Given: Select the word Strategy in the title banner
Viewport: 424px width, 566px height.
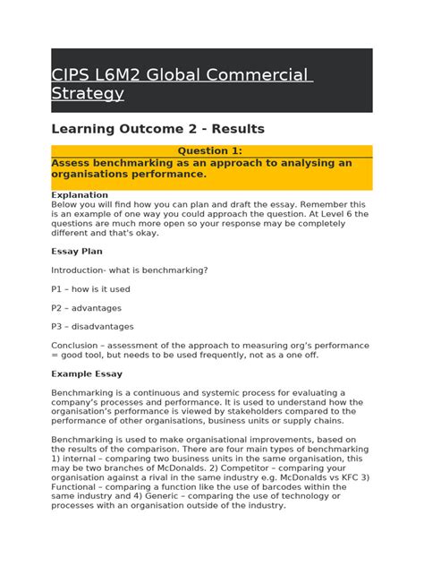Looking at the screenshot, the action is point(87,93).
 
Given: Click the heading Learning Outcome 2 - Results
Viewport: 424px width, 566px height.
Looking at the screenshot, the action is point(157,129).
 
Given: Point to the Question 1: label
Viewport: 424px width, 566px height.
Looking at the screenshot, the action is point(211,151).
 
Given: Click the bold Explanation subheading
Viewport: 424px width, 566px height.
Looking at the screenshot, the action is point(80,194).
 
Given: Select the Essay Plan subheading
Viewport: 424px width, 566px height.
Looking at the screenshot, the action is point(76,252).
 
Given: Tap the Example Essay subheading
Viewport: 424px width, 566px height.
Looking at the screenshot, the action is point(87,373).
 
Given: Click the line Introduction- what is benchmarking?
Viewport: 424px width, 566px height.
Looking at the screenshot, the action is point(130,270).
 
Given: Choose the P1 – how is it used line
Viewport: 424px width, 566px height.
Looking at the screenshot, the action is point(90,289).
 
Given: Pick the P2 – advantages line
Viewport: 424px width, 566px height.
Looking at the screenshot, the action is point(87,308).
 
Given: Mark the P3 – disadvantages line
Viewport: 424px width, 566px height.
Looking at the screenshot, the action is point(92,327).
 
